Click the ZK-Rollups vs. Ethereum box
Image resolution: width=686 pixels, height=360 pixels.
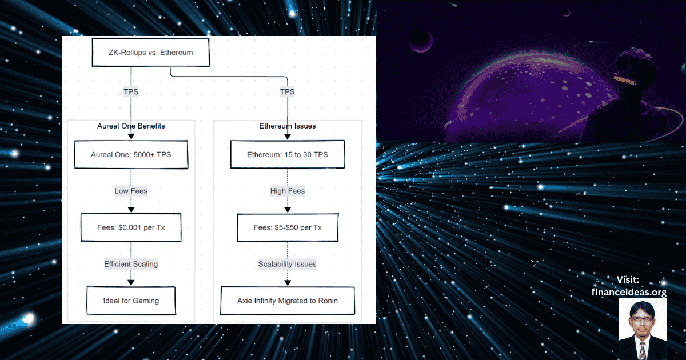(x=151, y=53)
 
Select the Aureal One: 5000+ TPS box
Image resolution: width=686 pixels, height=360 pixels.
(x=131, y=154)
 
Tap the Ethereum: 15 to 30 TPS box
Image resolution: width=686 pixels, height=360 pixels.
(x=287, y=154)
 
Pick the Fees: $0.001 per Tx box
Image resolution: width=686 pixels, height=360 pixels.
(x=131, y=227)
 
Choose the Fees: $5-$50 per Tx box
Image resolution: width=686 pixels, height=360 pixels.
(x=287, y=227)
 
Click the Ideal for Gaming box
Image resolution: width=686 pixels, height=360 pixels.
(x=131, y=300)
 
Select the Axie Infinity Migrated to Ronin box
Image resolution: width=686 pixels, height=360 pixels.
(x=287, y=300)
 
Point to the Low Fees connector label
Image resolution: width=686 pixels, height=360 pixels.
(x=131, y=191)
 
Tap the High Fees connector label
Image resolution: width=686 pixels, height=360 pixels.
(x=287, y=191)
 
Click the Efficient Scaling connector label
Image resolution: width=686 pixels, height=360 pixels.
(x=131, y=264)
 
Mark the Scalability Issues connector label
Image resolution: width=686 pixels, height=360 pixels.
(x=287, y=264)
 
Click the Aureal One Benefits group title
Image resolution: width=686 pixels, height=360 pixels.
(x=131, y=126)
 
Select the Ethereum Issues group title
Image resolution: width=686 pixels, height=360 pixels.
(x=287, y=126)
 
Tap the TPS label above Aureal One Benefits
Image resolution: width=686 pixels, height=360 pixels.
(x=131, y=91)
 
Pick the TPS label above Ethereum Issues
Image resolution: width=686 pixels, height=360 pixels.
(x=287, y=91)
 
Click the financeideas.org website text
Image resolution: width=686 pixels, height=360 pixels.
(x=629, y=292)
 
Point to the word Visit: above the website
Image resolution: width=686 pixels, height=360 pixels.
(x=628, y=279)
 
